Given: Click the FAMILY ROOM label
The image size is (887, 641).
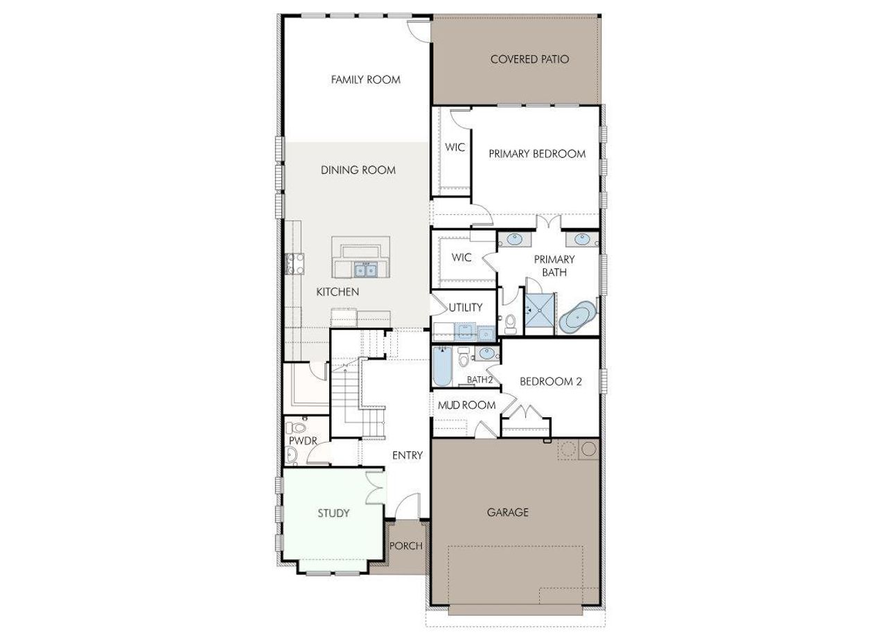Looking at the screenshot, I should tap(365, 80).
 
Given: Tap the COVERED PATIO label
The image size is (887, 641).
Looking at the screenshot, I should tap(529, 60).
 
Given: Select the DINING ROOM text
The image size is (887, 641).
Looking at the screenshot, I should tap(358, 170).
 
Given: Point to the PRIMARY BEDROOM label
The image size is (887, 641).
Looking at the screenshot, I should tap(536, 154).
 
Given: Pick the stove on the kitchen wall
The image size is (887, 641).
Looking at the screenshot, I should tap(290, 263).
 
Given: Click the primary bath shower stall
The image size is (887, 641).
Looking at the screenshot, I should tap(540, 314).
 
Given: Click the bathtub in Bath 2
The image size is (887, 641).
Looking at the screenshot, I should tap(441, 367).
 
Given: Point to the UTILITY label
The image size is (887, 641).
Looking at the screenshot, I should tap(465, 308).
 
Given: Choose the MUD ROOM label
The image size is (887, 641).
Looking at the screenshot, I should tap(466, 405).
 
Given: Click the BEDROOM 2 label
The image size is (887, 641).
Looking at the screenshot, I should tap(550, 381).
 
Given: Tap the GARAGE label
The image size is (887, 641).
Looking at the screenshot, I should tap(507, 513).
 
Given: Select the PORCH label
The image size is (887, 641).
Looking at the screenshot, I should tap(405, 546).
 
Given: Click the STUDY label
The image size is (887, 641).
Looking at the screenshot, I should tap(333, 513).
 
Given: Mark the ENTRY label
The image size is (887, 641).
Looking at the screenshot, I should tap(407, 455).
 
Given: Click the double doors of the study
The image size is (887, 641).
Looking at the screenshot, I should tap(375, 488).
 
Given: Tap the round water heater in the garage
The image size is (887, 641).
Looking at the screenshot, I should tap(589, 450).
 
